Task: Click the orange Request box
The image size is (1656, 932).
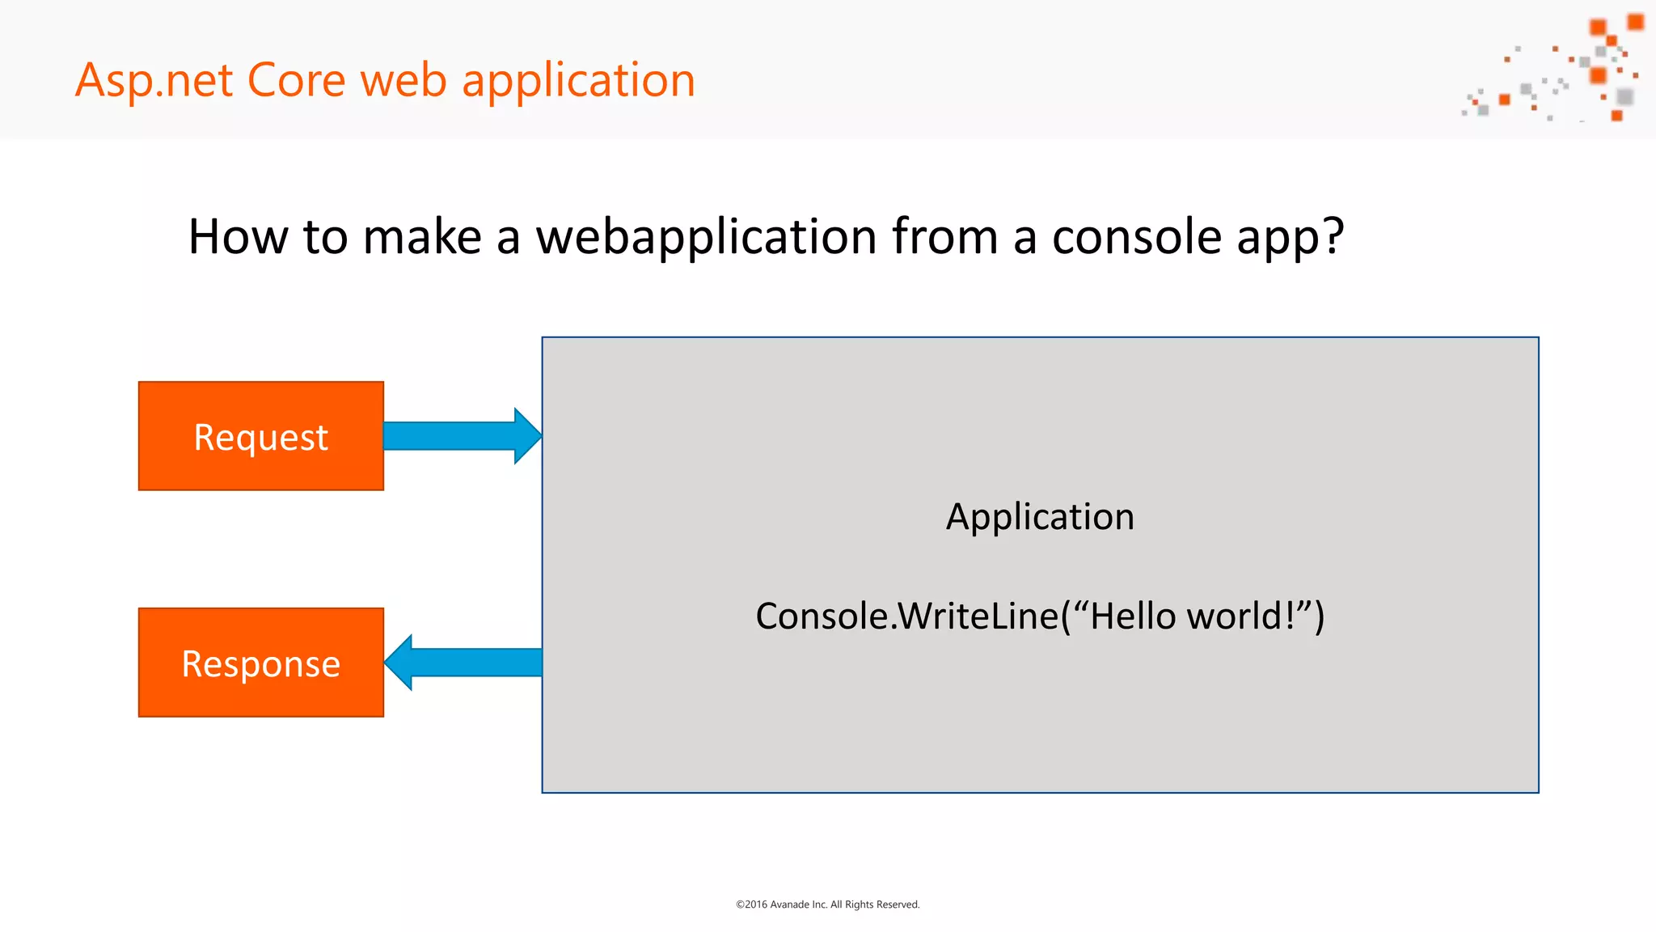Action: tap(260, 436)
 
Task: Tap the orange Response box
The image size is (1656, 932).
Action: tap(260, 663)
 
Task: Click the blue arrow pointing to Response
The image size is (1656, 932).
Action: tap(464, 663)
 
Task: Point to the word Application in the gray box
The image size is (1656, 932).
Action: tap(1040, 517)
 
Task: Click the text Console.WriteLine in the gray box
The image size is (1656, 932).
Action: tap(906, 616)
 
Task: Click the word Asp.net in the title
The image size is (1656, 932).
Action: tap(154, 81)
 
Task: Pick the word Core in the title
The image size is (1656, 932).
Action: tap(296, 81)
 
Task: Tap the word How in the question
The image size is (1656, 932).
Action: tap(238, 237)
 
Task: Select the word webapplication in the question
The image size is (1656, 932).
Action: tap(706, 237)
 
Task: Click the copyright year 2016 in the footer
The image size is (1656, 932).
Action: tap(755, 904)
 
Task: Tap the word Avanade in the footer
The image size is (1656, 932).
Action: tap(789, 904)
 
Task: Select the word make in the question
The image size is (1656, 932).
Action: tap(422, 237)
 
